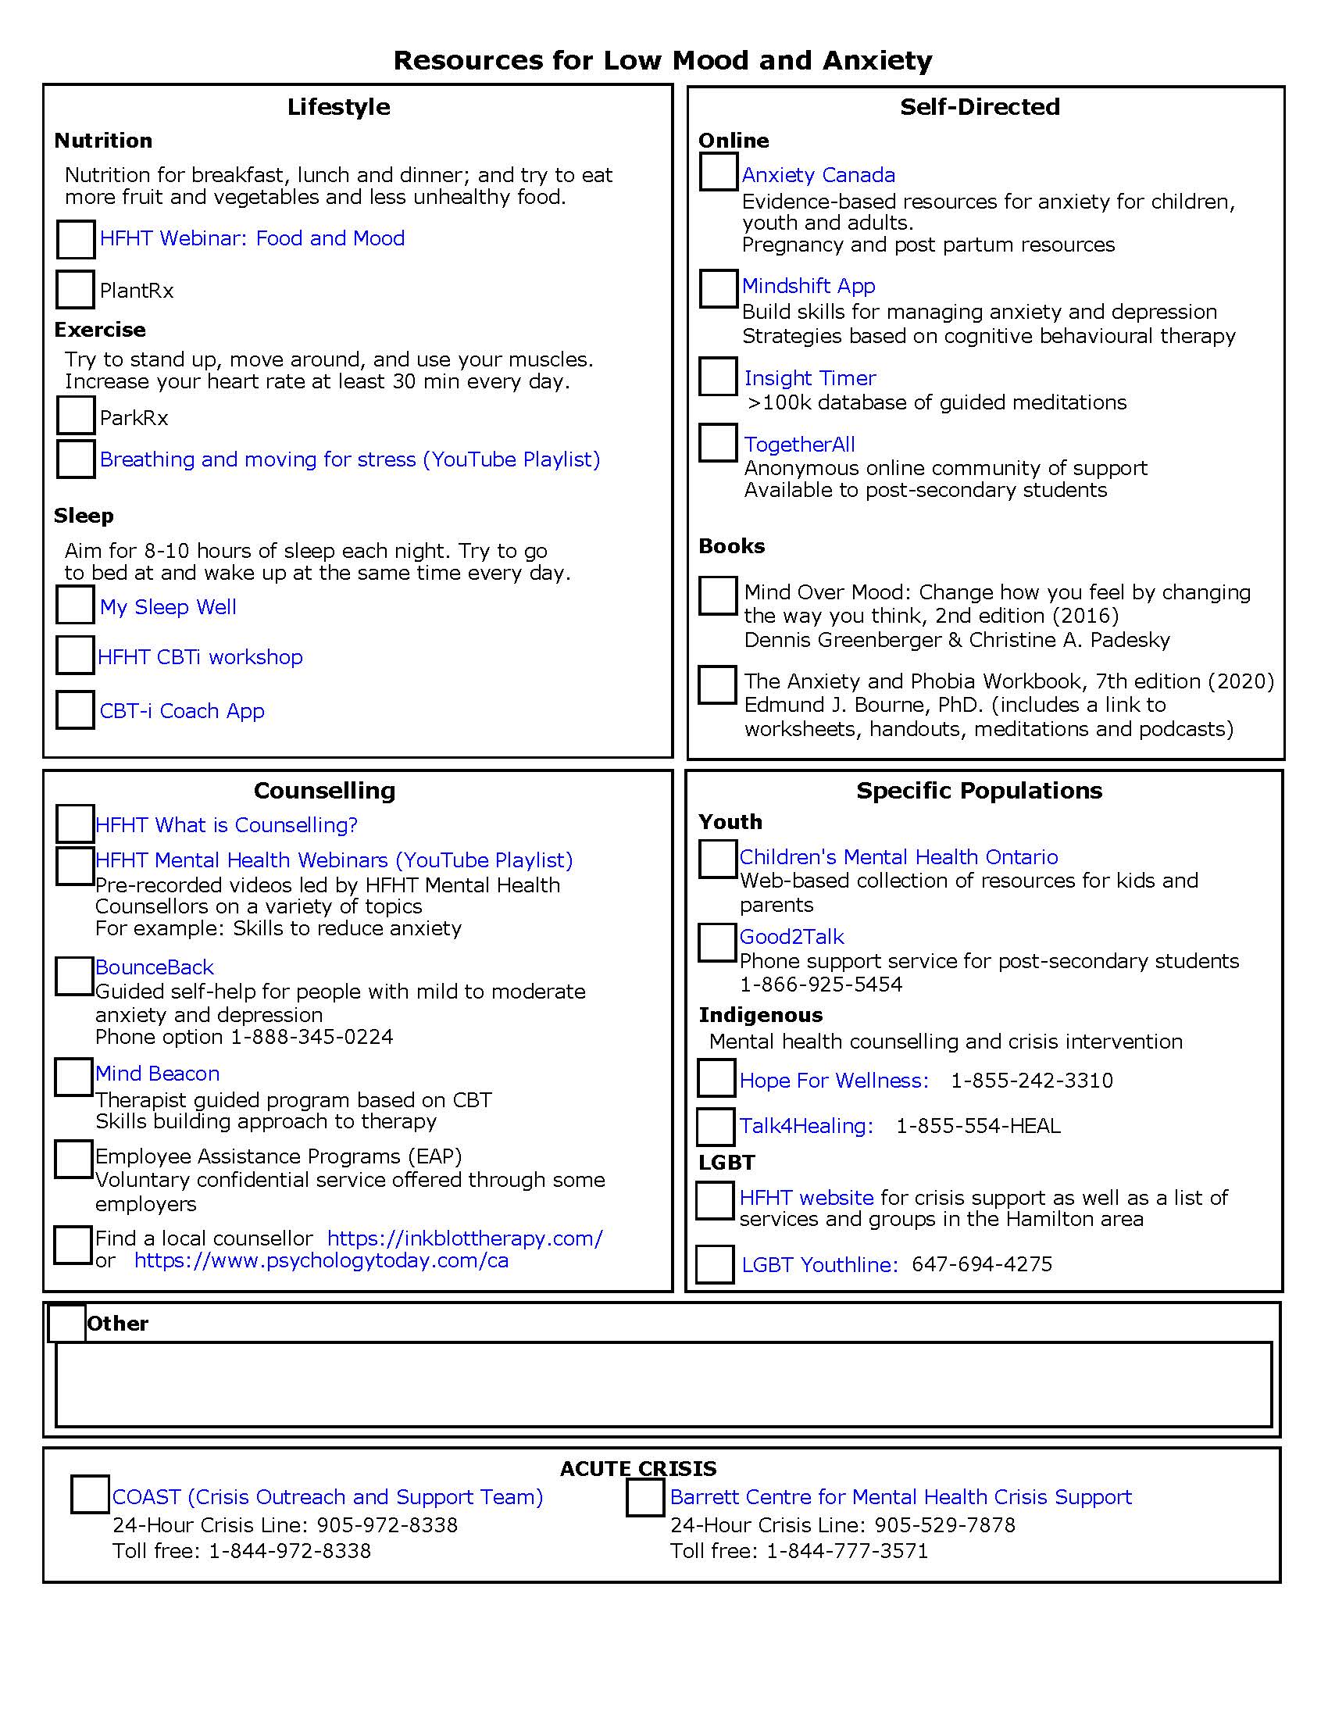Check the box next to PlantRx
[76, 289]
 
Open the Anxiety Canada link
[818, 175]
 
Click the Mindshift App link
[808, 286]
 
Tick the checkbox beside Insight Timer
[717, 377]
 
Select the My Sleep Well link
[168, 607]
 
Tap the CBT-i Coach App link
[182, 711]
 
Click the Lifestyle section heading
[338, 107]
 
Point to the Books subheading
[731, 546]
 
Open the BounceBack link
[154, 967]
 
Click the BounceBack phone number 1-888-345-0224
[311, 1037]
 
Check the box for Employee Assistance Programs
[73, 1160]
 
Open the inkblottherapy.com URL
[465, 1238]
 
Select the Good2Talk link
[791, 937]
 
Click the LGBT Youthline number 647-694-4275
[982, 1265]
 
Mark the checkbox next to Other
[67, 1322]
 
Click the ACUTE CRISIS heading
[638, 1468]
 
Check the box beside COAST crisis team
[90, 1495]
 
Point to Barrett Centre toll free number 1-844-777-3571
[848, 1551]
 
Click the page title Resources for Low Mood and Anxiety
[662, 61]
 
